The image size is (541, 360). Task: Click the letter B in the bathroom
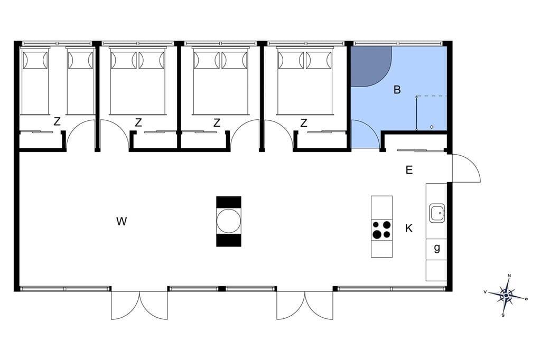pyautogui.click(x=397, y=90)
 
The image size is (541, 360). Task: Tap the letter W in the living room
pyautogui.click(x=122, y=221)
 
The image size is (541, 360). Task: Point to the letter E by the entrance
pyautogui.click(x=409, y=169)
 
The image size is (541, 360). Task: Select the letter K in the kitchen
pyautogui.click(x=409, y=228)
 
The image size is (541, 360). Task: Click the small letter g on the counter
pyautogui.click(x=437, y=248)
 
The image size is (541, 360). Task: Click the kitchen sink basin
pyautogui.click(x=437, y=213)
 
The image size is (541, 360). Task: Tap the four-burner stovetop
pyautogui.click(x=381, y=229)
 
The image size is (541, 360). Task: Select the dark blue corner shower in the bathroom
pyautogui.click(x=371, y=66)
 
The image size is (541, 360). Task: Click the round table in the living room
pyautogui.click(x=228, y=221)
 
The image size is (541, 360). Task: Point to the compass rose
pyautogui.click(x=506, y=296)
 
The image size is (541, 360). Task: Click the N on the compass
pyautogui.click(x=509, y=276)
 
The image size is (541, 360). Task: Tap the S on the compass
pyautogui.click(x=503, y=315)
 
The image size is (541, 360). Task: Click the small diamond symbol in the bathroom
pyautogui.click(x=432, y=127)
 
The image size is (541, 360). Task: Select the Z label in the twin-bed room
pyautogui.click(x=57, y=121)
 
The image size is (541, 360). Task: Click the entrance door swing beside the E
pyautogui.click(x=466, y=168)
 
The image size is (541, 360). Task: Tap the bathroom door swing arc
pyautogui.click(x=366, y=134)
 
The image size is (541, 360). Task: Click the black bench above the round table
pyautogui.click(x=228, y=202)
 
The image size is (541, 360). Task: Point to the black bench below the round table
pyautogui.click(x=228, y=240)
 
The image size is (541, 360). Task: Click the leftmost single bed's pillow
pyautogui.click(x=35, y=60)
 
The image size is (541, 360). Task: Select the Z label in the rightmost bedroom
pyautogui.click(x=304, y=123)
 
